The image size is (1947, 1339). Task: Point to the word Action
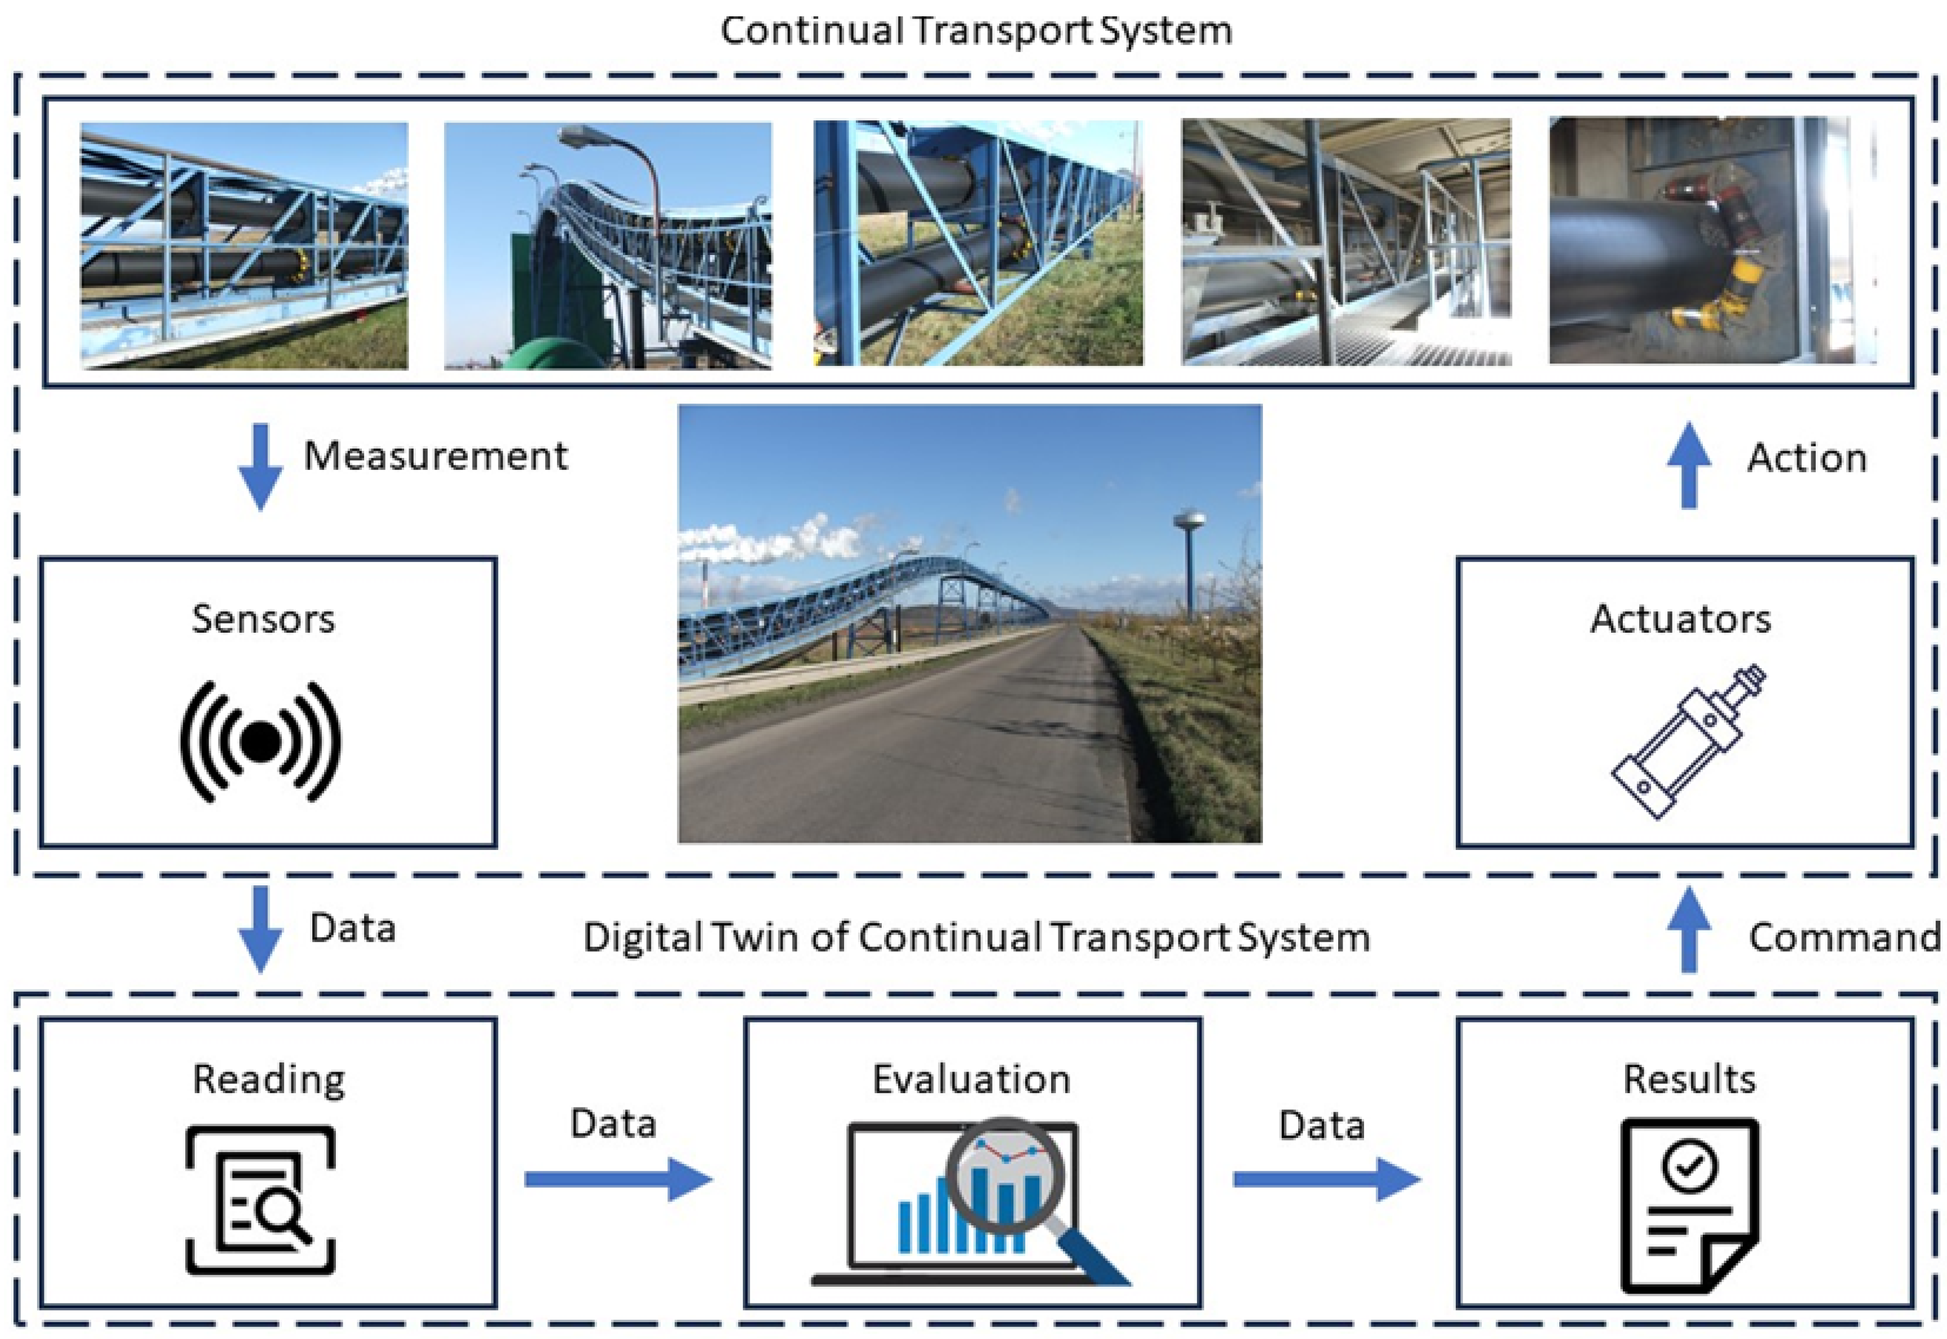tap(1806, 459)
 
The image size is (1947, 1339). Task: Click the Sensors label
tap(263, 619)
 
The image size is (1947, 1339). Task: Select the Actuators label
tap(1680, 619)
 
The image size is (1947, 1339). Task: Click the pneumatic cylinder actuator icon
tap(1688, 742)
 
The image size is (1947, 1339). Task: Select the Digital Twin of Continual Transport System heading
tap(976, 937)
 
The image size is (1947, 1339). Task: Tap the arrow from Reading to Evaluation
tap(618, 1179)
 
